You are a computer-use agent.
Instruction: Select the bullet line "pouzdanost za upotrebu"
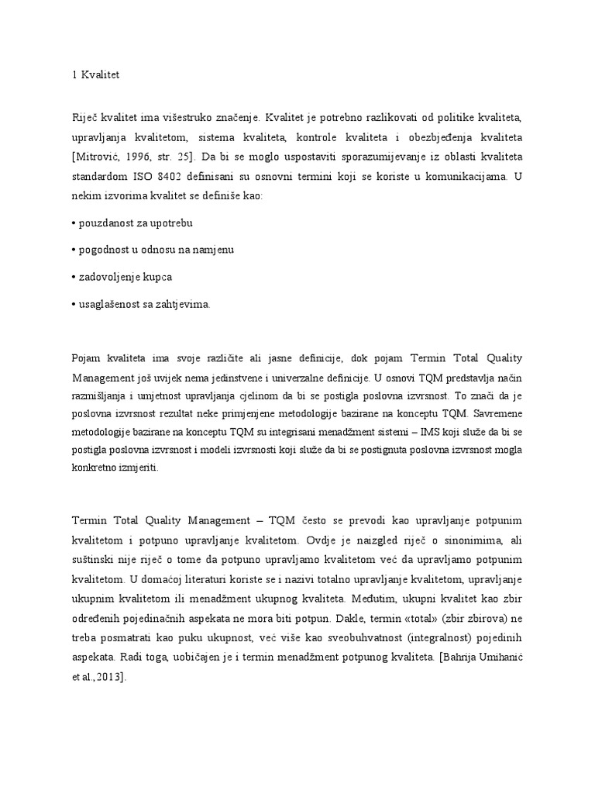133,223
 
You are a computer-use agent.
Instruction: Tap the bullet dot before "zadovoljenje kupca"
72,277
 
